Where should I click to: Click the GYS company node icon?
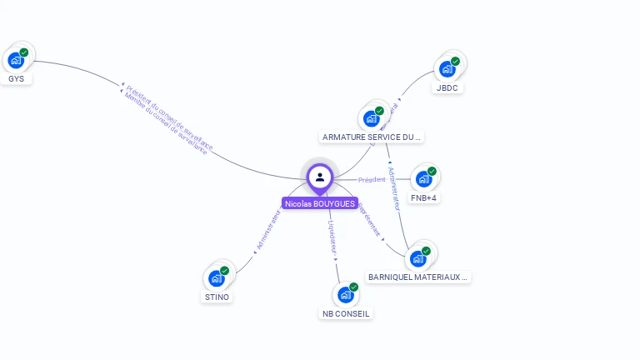click(x=16, y=60)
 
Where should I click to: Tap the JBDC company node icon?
click(x=447, y=69)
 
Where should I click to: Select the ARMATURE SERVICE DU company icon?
click(x=372, y=118)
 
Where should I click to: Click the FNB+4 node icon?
click(x=424, y=178)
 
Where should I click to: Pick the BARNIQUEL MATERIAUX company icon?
click(x=418, y=258)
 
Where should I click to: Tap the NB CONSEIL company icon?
click(x=346, y=294)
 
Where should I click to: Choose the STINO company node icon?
click(x=217, y=277)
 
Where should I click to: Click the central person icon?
click(x=320, y=177)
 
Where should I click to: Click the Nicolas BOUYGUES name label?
click(x=320, y=203)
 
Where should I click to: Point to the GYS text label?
click(x=16, y=79)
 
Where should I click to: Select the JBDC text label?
click(x=447, y=87)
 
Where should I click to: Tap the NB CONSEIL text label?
click(x=346, y=314)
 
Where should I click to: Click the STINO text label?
click(x=217, y=297)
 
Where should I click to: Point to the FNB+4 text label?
click(x=424, y=198)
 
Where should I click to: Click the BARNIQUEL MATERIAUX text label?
click(x=418, y=277)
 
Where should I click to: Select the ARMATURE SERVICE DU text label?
click(x=372, y=137)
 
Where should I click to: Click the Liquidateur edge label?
click(x=332, y=237)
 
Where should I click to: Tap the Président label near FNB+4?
click(x=372, y=180)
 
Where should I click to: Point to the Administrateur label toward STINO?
click(x=268, y=231)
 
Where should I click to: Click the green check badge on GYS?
click(x=24, y=52)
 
